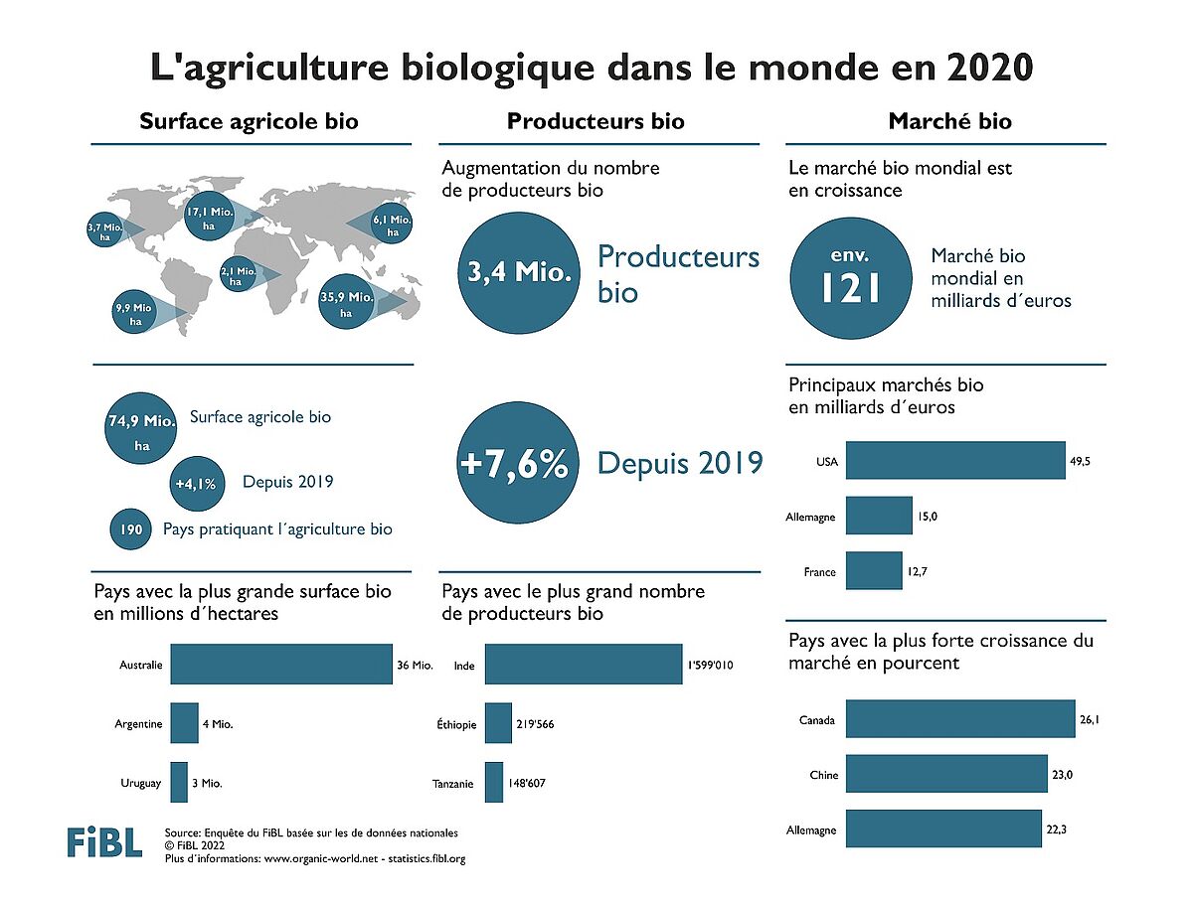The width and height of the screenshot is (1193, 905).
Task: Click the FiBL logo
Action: (x=103, y=841)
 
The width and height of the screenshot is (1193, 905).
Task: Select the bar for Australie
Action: (x=281, y=665)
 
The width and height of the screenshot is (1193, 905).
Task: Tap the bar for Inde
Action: (x=584, y=665)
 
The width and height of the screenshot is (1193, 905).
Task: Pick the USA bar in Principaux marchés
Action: (x=955, y=461)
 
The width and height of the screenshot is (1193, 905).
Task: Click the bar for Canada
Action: (x=961, y=719)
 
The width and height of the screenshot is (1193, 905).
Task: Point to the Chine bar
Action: (x=946, y=774)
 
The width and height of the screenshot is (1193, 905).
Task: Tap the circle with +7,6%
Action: (x=513, y=464)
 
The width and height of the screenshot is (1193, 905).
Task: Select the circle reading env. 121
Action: (x=851, y=275)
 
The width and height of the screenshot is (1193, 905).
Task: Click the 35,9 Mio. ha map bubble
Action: (x=347, y=302)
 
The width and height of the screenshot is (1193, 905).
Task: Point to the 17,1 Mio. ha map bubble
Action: (x=209, y=219)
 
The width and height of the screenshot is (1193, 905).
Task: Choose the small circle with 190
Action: (x=129, y=529)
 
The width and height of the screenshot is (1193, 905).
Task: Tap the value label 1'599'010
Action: (x=710, y=666)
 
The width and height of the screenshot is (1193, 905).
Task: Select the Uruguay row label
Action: (x=140, y=783)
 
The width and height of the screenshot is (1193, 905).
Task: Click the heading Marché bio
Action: (x=949, y=121)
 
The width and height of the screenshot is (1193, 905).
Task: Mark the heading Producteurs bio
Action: (x=596, y=121)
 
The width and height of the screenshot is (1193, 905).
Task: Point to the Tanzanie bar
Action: (x=494, y=783)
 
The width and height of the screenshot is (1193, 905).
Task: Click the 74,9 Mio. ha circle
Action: (x=141, y=431)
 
